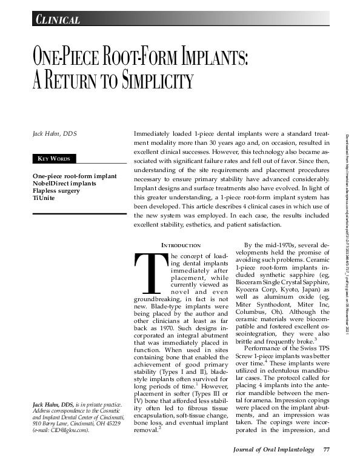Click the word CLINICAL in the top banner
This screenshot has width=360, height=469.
coord(58,20)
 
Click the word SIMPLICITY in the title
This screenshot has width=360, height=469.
coord(145,81)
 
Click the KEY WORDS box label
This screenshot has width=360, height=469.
coord(55,159)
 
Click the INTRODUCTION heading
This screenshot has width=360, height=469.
coord(181,245)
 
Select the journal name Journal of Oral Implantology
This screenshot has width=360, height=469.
coord(275,450)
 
